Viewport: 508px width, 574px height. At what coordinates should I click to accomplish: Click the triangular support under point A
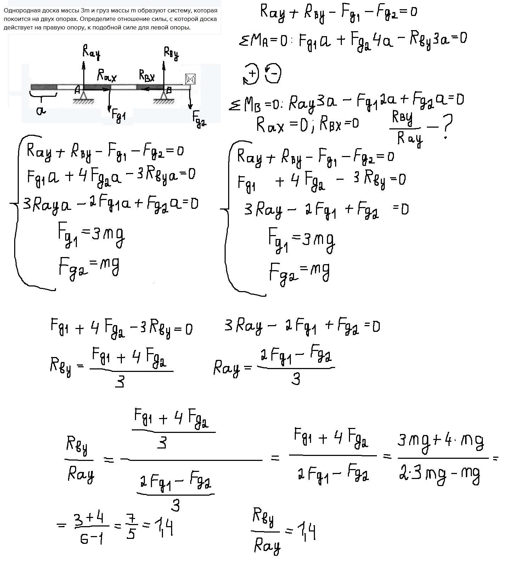84,96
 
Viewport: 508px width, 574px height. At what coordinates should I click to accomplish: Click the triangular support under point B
164,96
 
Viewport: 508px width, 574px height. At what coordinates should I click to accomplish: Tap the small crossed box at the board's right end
191,79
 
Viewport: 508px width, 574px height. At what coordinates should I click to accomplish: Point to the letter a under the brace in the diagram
41,111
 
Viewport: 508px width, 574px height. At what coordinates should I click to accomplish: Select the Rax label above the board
107,75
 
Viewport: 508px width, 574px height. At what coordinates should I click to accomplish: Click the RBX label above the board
147,76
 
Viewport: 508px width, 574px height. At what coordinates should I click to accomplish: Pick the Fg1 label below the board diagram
119,116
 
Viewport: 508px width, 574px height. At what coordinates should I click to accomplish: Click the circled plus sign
252,74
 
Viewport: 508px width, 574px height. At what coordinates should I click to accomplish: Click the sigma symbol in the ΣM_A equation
244,41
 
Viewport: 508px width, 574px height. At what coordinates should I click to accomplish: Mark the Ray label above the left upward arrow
91,52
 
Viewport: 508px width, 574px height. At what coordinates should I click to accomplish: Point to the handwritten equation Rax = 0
282,125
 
